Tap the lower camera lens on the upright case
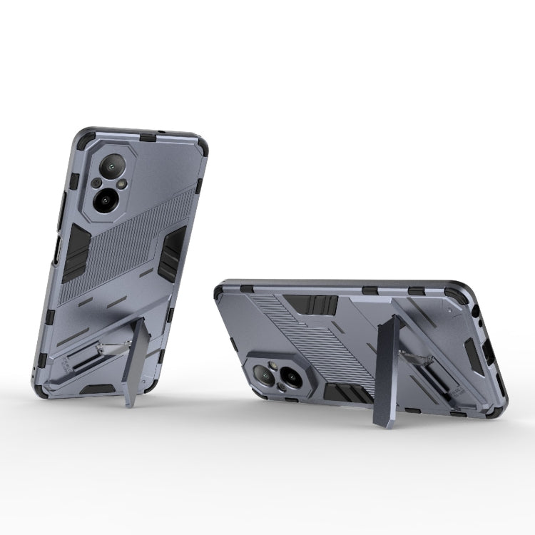[x=106, y=201]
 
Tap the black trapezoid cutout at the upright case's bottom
[x=97, y=389]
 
